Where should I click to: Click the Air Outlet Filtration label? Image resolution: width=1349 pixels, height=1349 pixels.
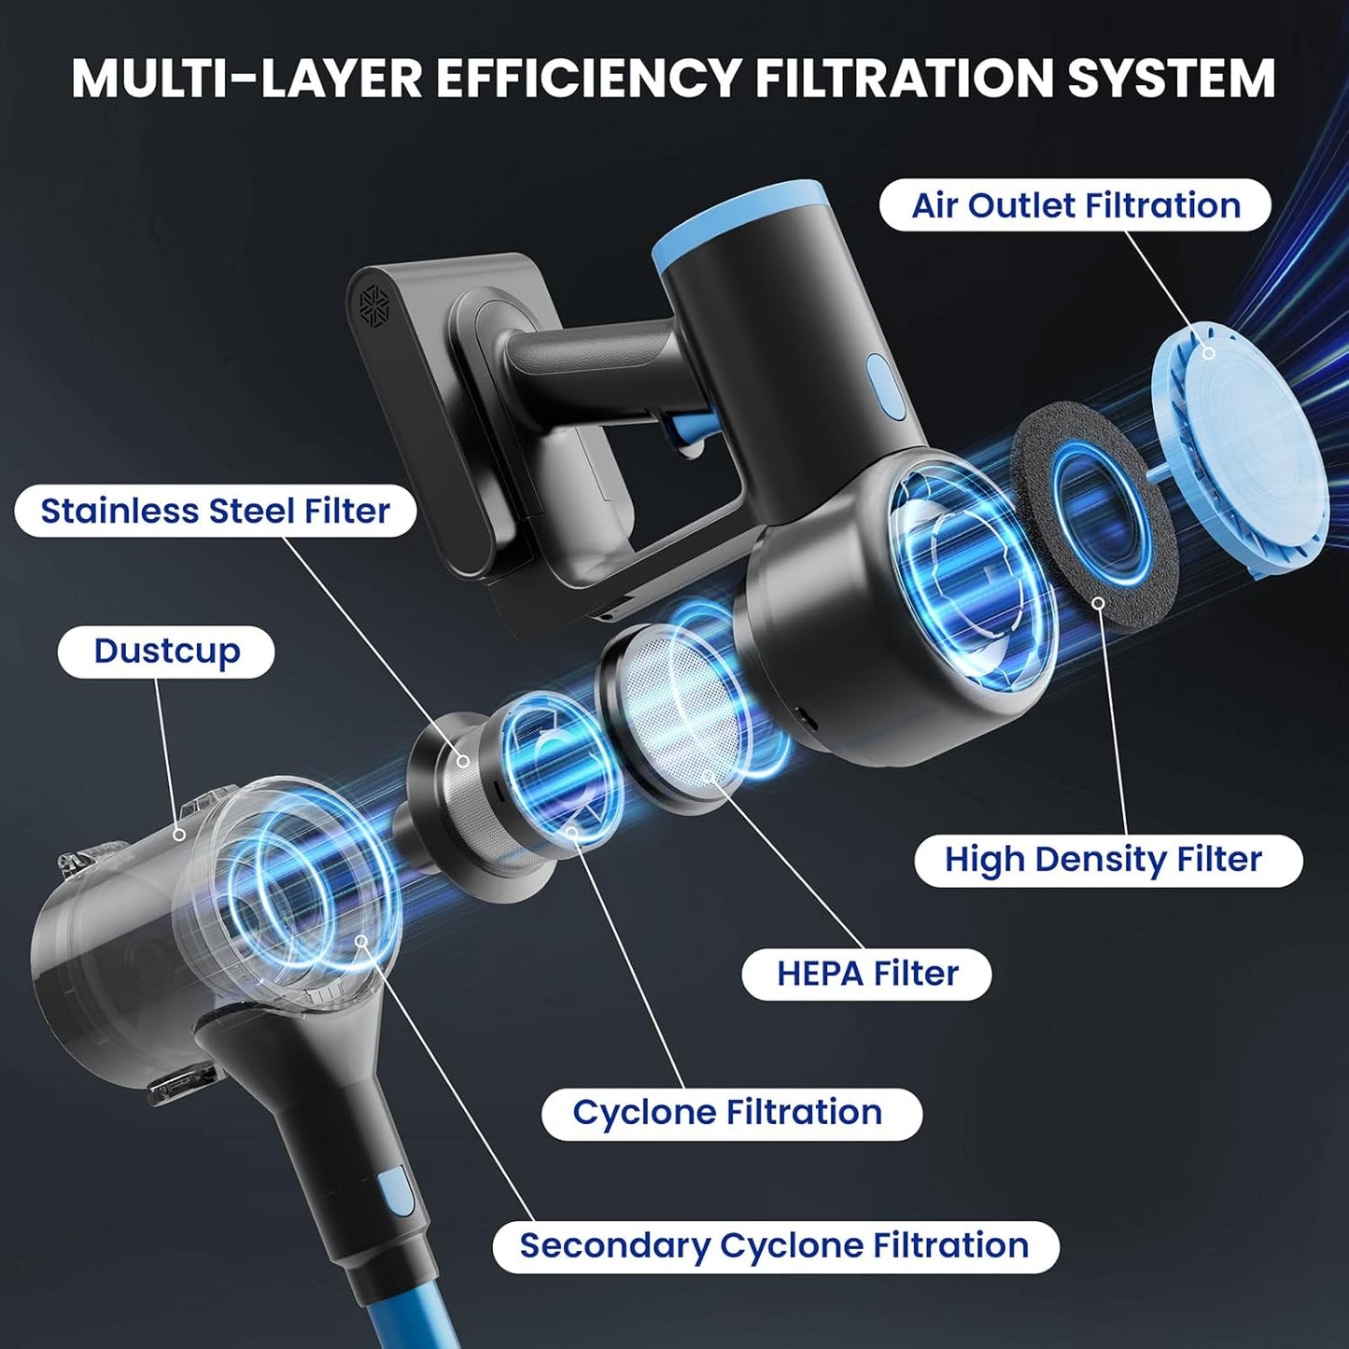point(1075,205)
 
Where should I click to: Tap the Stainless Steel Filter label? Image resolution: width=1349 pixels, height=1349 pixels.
point(215,511)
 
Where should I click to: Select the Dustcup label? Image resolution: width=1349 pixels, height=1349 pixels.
point(166,651)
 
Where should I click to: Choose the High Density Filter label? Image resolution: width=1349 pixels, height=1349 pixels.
point(1108,861)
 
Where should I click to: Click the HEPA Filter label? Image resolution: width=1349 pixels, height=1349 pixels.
point(866,974)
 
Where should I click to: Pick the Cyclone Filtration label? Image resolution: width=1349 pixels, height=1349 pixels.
point(728,1112)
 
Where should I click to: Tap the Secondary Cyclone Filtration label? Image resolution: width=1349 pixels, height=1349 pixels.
point(775,1246)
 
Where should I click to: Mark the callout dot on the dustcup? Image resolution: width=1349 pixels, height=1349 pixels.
point(179,834)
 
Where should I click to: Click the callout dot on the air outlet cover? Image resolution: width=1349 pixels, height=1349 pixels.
point(1208,353)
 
